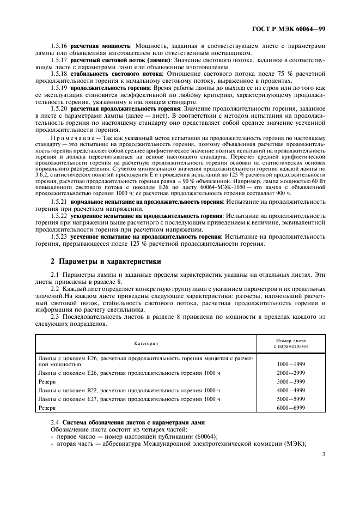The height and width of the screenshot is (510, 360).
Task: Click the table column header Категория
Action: (146, 343)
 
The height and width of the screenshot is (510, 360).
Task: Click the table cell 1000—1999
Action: (291, 363)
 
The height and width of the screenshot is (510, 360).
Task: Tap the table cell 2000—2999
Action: (291, 373)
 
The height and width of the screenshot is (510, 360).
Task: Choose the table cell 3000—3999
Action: (291, 381)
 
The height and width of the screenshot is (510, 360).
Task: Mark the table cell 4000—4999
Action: (291, 390)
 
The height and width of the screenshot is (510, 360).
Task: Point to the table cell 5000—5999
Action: (291, 399)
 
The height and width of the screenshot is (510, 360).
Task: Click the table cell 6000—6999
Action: (291, 408)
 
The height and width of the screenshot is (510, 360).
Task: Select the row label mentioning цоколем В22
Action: (129, 390)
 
